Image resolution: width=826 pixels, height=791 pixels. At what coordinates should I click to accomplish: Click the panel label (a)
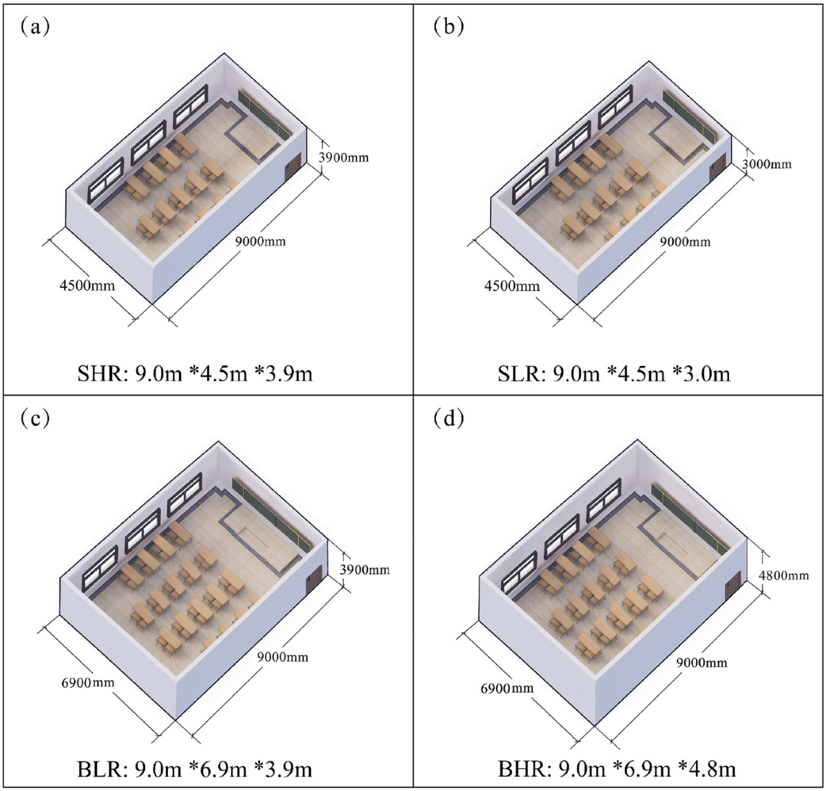coord(34,27)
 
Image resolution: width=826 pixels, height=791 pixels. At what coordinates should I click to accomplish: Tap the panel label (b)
coord(449,27)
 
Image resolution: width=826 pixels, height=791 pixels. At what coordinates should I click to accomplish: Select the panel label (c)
coord(34,418)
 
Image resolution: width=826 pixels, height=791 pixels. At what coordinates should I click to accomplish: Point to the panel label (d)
coord(449,418)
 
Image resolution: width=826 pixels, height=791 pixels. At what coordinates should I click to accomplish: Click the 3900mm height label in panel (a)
coord(343,158)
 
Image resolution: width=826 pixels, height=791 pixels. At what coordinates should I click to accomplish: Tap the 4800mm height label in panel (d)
coord(783,575)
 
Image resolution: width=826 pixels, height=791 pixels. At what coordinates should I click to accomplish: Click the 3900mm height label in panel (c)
coord(364,569)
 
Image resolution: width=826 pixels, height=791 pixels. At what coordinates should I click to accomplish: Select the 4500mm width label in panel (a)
coord(87,284)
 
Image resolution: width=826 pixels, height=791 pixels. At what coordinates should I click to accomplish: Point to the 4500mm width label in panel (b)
coord(511,285)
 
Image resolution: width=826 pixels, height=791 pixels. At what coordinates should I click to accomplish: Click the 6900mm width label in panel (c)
coord(87,683)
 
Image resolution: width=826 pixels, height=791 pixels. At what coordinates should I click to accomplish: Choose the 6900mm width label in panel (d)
coord(507,688)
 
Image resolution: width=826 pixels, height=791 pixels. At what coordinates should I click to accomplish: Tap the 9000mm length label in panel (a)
coord(260,241)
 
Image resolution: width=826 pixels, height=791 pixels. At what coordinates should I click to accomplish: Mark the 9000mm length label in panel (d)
coord(701,662)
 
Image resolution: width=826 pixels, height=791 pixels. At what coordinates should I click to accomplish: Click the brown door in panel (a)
coord(291,170)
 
